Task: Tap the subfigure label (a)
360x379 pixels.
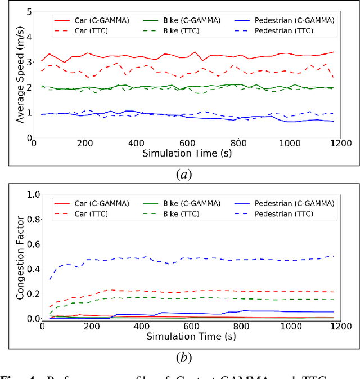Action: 184,175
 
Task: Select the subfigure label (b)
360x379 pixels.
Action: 184,356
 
